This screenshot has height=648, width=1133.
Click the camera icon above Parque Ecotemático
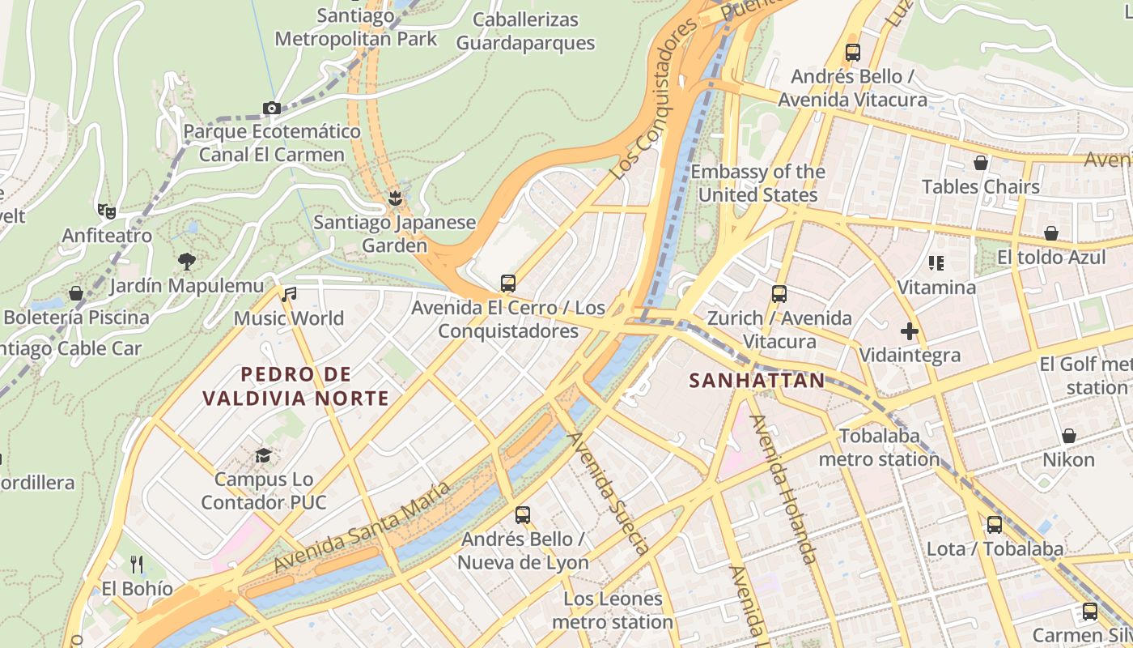[x=272, y=108]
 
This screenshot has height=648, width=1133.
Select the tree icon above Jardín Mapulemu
[x=187, y=261]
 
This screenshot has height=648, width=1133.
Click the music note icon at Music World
[x=289, y=294]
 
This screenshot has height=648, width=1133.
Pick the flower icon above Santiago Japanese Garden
[x=395, y=198]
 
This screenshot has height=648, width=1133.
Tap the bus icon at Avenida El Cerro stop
[x=508, y=283]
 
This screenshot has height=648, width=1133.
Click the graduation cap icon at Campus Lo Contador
[x=263, y=455]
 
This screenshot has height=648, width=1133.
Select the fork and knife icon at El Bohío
[x=137, y=564]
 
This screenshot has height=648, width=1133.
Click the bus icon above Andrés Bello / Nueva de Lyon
[x=523, y=514]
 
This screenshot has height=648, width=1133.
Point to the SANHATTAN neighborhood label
[x=757, y=380]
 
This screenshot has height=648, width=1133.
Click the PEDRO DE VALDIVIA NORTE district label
[x=296, y=386]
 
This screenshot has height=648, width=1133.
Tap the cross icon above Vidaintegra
[x=910, y=330]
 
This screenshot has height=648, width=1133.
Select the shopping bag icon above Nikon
[x=1069, y=436]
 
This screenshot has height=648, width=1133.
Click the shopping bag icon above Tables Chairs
[x=981, y=163]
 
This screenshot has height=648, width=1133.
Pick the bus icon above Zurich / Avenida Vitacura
[x=779, y=294]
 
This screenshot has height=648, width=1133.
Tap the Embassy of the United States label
[x=757, y=183]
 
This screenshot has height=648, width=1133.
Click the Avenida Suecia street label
[x=608, y=492]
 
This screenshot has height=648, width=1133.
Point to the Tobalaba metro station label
[x=880, y=447]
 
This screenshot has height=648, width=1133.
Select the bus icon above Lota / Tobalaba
[x=995, y=524]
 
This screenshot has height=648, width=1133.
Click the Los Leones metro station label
[x=613, y=611]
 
